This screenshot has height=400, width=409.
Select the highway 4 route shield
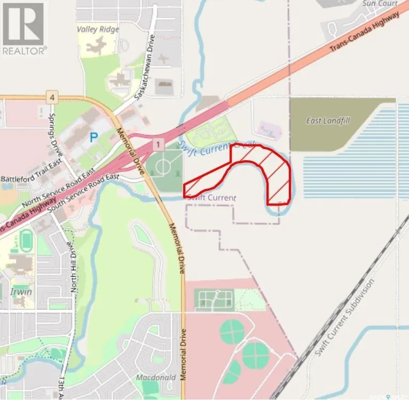(x=51, y=97)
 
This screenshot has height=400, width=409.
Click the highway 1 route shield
(x=158, y=144)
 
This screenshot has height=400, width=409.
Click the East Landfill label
(x=328, y=121)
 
